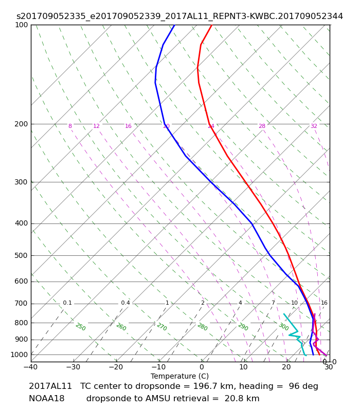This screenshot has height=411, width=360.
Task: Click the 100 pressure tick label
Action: [21, 25]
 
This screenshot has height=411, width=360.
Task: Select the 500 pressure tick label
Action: [21, 255]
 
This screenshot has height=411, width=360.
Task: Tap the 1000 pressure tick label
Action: [19, 354]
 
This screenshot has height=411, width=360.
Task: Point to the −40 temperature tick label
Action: [31, 367]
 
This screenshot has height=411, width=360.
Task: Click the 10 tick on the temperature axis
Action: [243, 367]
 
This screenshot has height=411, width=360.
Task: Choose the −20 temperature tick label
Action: [116, 367]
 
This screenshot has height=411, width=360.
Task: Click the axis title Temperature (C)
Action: [179, 376]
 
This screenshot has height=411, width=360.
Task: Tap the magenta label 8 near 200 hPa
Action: [70, 126]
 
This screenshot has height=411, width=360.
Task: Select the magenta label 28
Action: [262, 126]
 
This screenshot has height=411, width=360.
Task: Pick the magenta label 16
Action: [128, 126]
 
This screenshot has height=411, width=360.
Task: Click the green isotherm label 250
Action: [81, 327]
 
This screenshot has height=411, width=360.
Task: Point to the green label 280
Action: [203, 327]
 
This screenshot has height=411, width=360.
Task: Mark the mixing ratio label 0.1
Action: [67, 303]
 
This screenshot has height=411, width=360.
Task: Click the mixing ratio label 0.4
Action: [125, 303]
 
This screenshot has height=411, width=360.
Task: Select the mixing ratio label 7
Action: [273, 303]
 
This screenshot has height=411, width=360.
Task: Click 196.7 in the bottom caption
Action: [204, 386]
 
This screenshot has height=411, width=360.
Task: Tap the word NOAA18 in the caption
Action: [46, 399]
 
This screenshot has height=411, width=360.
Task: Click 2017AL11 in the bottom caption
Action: [50, 386]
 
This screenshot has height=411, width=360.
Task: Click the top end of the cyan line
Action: [284, 314]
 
